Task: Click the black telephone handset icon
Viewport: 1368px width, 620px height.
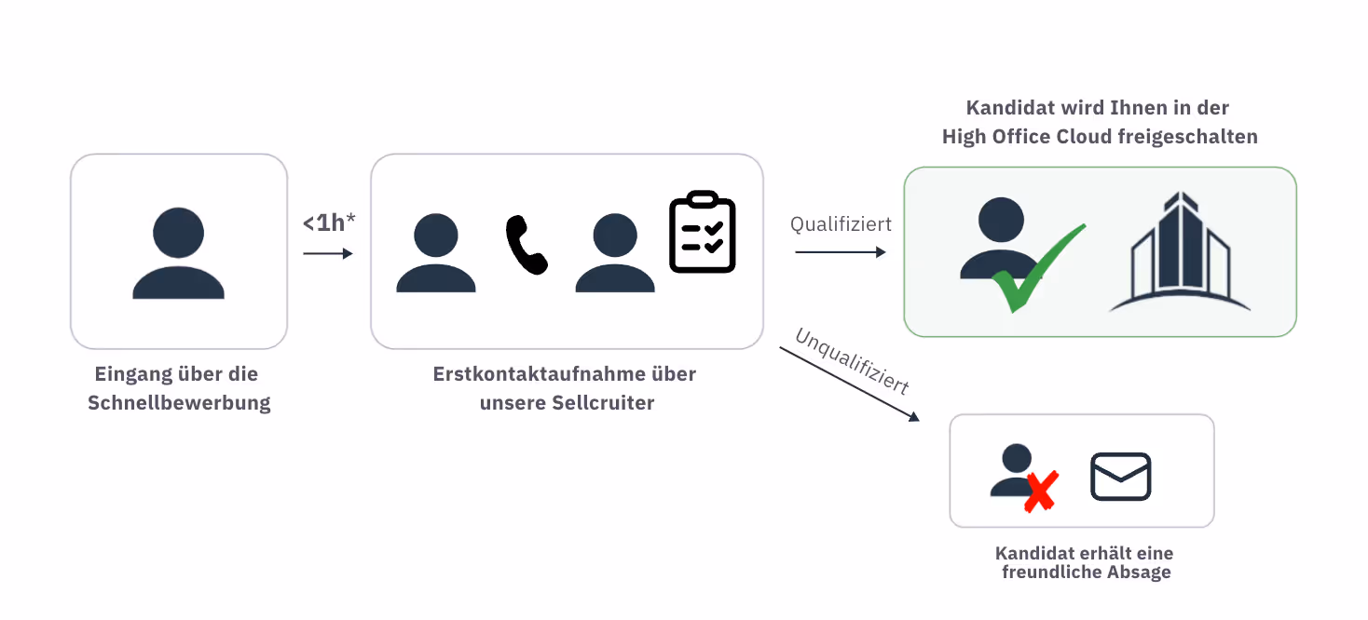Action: pyautogui.click(x=527, y=245)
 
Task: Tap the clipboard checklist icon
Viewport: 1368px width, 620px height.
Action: pyautogui.click(x=703, y=232)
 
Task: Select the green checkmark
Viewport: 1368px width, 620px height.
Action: pyautogui.click(x=1037, y=268)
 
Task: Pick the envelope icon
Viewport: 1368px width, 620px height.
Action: pyautogui.click(x=1121, y=477)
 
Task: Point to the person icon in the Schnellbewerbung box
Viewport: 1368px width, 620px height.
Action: pyautogui.click(x=178, y=253)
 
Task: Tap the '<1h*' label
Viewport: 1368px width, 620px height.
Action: pyautogui.click(x=328, y=223)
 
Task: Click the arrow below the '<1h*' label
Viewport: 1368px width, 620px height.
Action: pyautogui.click(x=328, y=253)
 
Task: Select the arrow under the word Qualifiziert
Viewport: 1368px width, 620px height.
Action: pyautogui.click(x=840, y=252)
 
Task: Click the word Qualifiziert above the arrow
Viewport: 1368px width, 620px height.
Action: pyautogui.click(x=841, y=224)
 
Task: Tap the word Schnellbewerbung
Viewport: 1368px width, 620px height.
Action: pyautogui.click(x=179, y=403)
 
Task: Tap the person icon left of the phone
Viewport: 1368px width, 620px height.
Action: pyautogui.click(x=436, y=253)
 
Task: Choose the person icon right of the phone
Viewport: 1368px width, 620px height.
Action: pyautogui.click(x=615, y=253)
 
